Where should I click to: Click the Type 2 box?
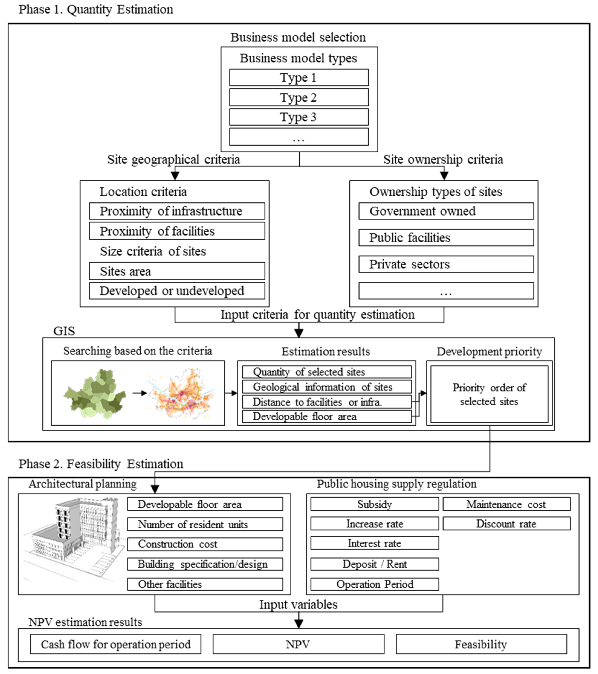(x=299, y=97)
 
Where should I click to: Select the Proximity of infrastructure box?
(x=177, y=211)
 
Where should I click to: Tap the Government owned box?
(x=446, y=211)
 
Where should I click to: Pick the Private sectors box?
(x=446, y=264)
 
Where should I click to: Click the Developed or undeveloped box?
(x=177, y=291)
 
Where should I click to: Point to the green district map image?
(x=95, y=394)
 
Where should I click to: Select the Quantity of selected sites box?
(x=327, y=372)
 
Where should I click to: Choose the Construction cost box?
(x=205, y=544)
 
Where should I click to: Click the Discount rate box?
(x=506, y=524)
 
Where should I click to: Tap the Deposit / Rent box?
(x=374, y=564)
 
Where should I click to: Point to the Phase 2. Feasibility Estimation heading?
(x=101, y=464)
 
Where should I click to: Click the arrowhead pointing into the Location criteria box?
(x=175, y=176)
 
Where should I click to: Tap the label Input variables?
(x=298, y=605)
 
